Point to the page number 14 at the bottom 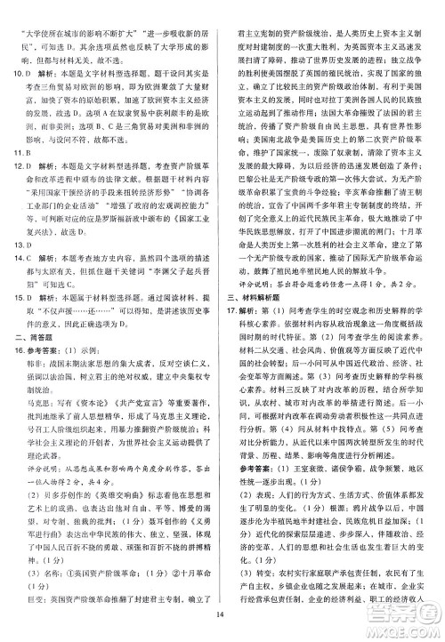click(x=222, y=628)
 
